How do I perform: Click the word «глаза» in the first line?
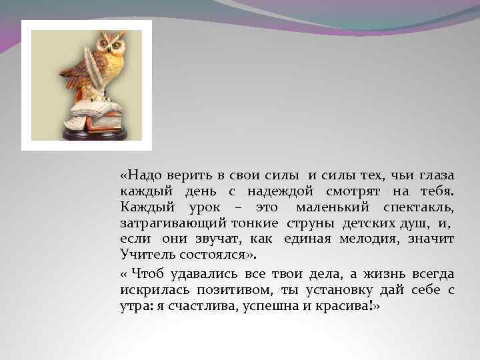(x=437, y=175)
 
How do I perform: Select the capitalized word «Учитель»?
(x=141, y=254)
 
